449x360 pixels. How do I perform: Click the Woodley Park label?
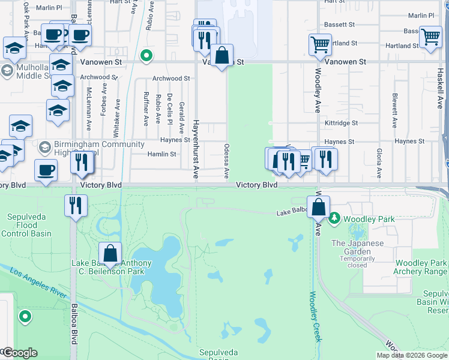point(370,219)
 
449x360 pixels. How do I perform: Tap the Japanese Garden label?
point(357,248)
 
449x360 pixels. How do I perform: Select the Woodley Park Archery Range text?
point(420,268)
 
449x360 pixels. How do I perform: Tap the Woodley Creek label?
point(316,316)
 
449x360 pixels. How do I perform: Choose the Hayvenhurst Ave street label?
point(195,149)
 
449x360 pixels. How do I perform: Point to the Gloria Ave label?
point(379,163)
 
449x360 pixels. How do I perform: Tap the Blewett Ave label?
point(395,110)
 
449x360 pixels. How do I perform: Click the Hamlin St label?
point(162,154)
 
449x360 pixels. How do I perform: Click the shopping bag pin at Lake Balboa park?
point(110,254)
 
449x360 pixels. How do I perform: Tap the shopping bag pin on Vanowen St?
point(221,56)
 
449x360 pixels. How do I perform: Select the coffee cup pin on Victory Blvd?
point(46,170)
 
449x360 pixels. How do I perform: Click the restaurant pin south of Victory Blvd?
point(76,206)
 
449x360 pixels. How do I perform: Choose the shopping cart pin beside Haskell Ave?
point(430,37)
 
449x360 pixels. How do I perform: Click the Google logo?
point(19,353)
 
